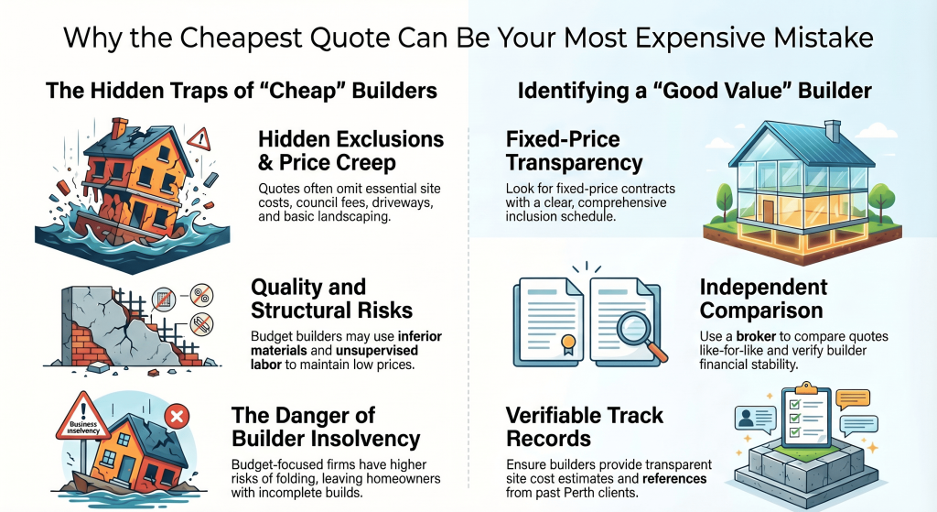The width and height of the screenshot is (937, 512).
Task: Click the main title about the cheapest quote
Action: [x=468, y=38]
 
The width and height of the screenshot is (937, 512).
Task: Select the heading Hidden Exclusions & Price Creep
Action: [x=350, y=151]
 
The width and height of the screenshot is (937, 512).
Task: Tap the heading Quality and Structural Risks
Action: [x=331, y=299]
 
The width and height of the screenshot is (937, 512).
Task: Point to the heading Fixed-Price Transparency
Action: [x=575, y=151]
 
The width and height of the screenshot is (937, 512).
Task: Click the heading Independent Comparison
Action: [x=763, y=299]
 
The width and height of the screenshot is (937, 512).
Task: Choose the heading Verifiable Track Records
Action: [x=585, y=427]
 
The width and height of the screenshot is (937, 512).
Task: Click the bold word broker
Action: [x=755, y=336]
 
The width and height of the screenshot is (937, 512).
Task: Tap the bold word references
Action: [x=674, y=478]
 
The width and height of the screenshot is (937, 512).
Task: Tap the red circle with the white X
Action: [x=177, y=417]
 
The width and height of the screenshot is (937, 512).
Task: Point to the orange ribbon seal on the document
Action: [x=567, y=343]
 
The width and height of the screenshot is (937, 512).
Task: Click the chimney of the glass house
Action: [x=832, y=130]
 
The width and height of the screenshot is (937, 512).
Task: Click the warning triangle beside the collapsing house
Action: [x=199, y=139]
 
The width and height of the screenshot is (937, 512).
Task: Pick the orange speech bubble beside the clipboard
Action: [x=854, y=399]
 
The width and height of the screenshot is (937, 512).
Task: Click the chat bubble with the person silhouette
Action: [x=755, y=419]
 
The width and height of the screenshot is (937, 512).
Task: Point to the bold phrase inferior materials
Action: [x=347, y=343]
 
